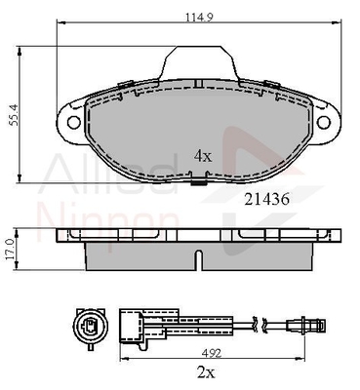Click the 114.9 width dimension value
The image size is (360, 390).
pyautogui.click(x=199, y=17)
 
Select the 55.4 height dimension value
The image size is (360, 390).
pyautogui.click(x=14, y=115)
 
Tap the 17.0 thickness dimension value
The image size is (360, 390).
pyautogui.click(x=10, y=250)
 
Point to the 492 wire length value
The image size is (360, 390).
pyautogui.click(x=213, y=353)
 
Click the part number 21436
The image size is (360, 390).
pyautogui.click(x=266, y=199)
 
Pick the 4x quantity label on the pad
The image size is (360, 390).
pyautogui.click(x=203, y=157)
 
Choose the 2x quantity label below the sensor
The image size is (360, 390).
pyautogui.click(x=206, y=372)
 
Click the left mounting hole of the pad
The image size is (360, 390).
pyautogui.click(x=74, y=122)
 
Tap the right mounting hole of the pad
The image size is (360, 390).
pyautogui.click(x=324, y=122)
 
